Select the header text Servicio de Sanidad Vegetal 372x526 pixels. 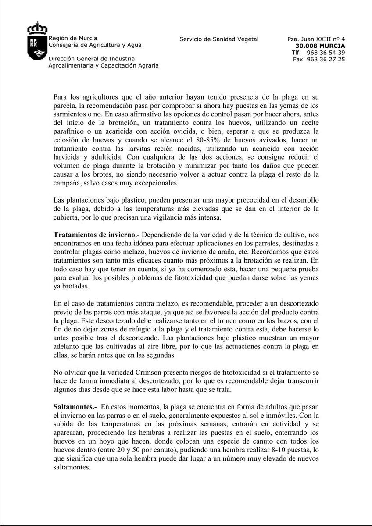pos(219,39)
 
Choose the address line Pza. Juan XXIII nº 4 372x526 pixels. pos(316,39)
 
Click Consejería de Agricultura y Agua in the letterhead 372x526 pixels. pos(95,45)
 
